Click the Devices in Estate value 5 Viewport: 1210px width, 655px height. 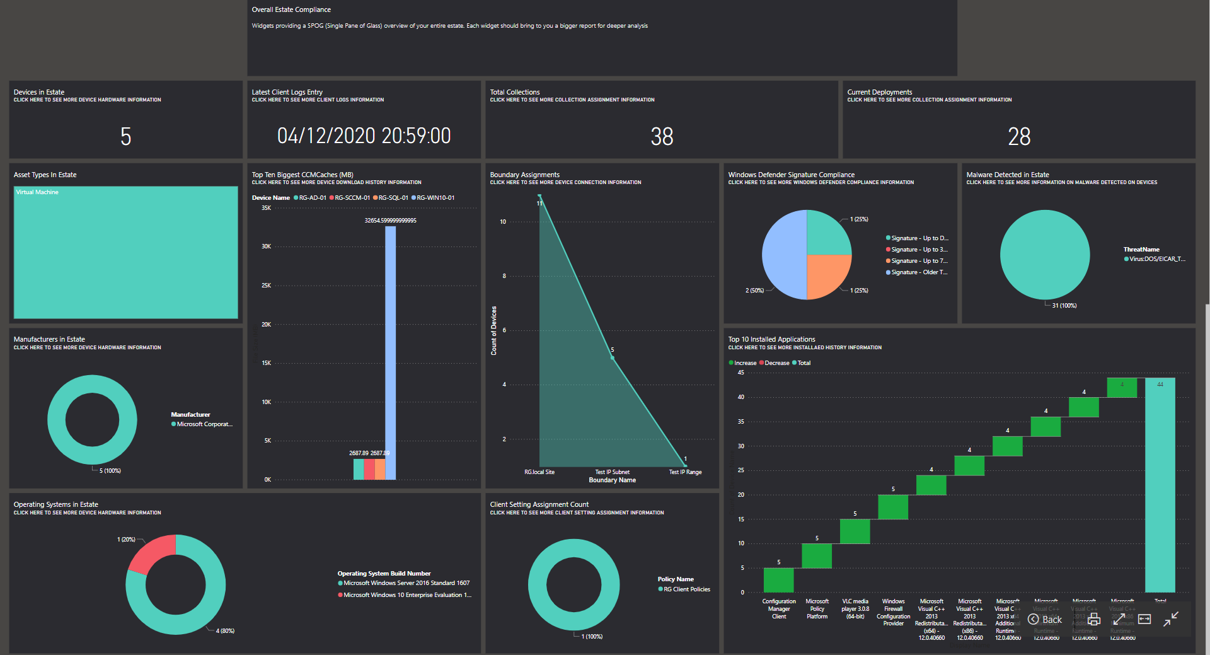coord(126,136)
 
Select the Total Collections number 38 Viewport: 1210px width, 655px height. coord(662,136)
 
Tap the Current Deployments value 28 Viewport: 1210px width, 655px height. coord(1019,136)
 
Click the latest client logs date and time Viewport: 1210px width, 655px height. coord(364,136)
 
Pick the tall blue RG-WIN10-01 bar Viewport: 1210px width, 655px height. coord(391,353)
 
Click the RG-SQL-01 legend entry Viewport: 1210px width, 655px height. coord(392,198)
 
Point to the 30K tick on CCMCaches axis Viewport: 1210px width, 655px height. coord(267,246)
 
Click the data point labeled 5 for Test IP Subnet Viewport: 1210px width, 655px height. coord(613,357)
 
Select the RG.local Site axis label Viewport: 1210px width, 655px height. coord(539,472)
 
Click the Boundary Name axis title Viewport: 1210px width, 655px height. coord(612,480)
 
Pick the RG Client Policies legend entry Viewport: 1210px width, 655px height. coord(686,589)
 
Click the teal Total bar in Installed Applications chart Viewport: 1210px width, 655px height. coord(1160,485)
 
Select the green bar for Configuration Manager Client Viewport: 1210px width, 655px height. coord(778,580)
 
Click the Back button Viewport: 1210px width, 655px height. coord(1046,620)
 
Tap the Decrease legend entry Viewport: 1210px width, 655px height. coord(776,363)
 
